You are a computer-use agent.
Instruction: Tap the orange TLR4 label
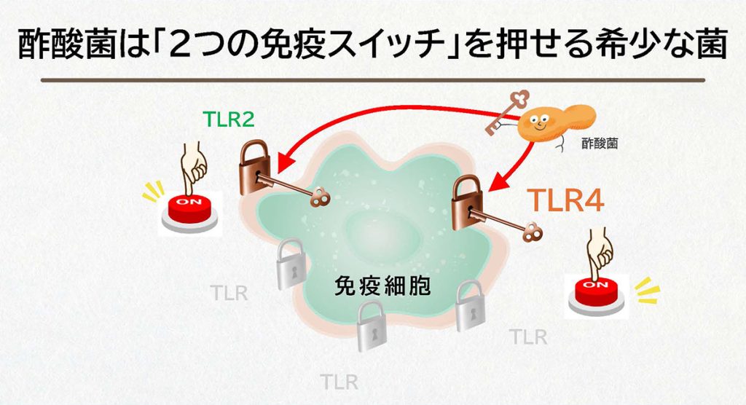pyautogui.click(x=565, y=201)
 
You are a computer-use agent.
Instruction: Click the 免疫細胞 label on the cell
pyautogui.click(x=382, y=284)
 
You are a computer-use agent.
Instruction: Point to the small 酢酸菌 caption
pyautogui.click(x=600, y=144)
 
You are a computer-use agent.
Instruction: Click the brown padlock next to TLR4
pyautogui.click(x=468, y=203)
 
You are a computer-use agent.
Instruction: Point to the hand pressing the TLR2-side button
pyautogui.click(x=193, y=167)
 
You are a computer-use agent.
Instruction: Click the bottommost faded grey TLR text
pyautogui.click(x=339, y=381)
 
